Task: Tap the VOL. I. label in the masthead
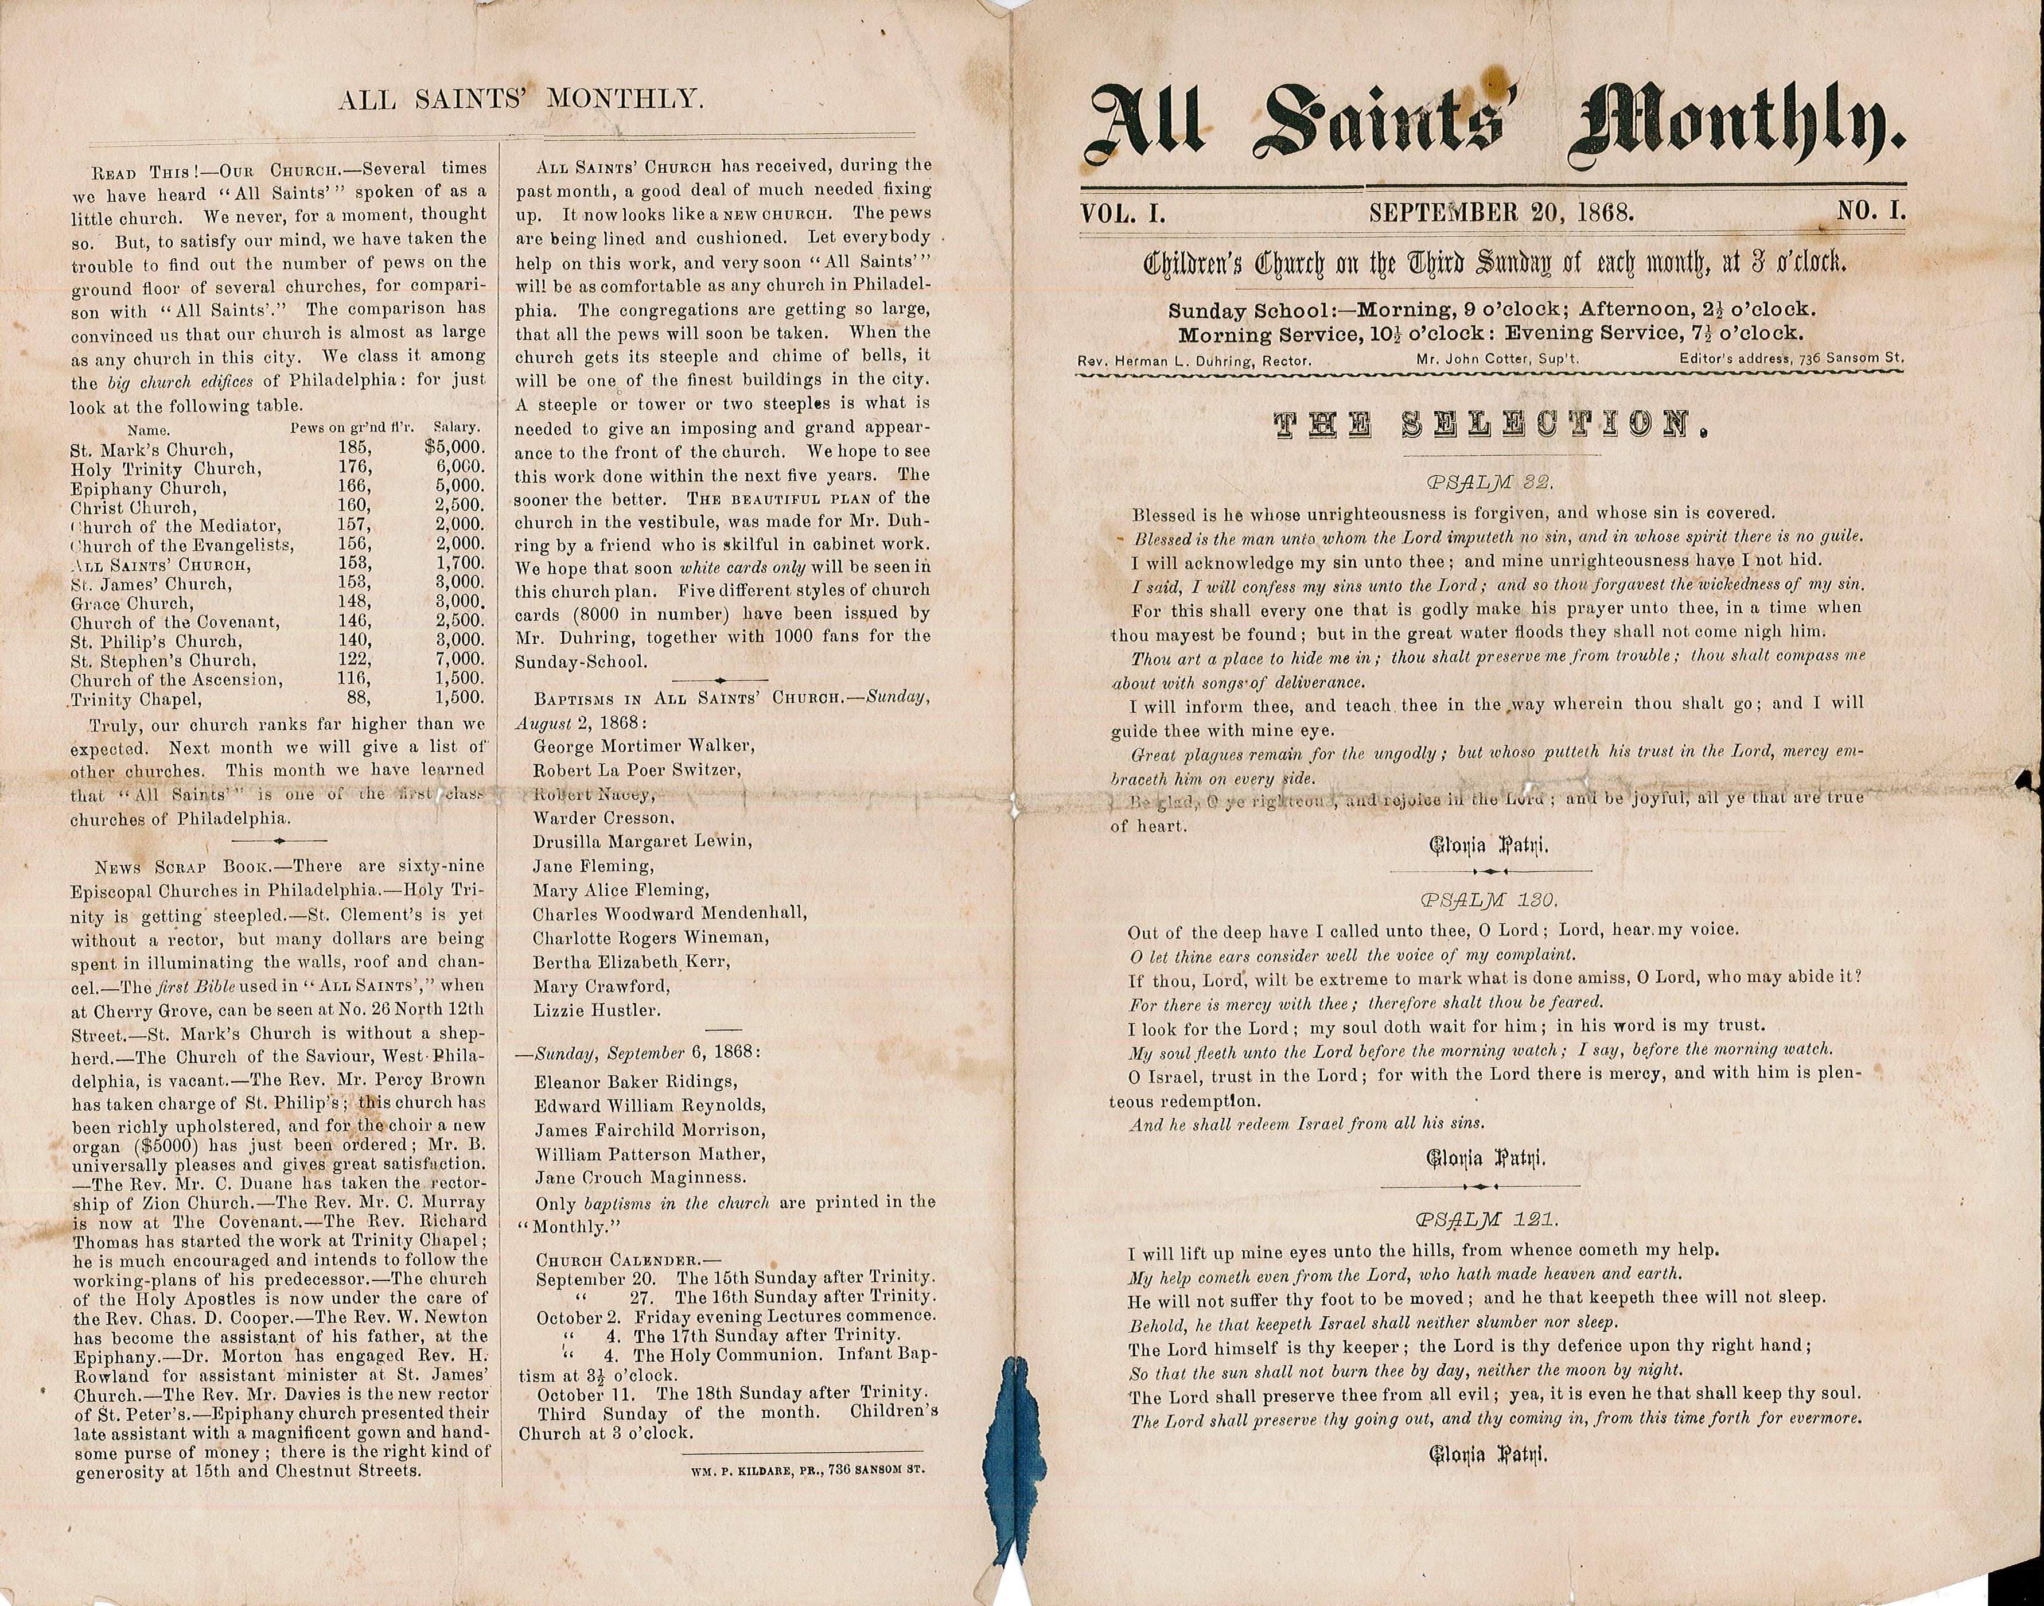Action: (x=1124, y=212)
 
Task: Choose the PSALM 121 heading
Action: (x=1488, y=1220)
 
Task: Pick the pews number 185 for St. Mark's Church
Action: (x=353, y=449)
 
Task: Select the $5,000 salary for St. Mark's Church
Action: (x=454, y=449)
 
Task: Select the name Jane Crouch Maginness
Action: (x=640, y=1177)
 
